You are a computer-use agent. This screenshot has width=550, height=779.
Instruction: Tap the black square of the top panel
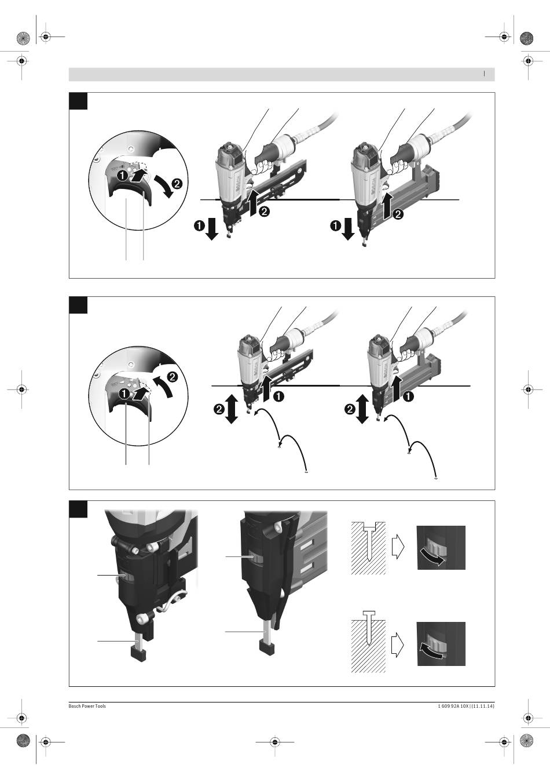78,101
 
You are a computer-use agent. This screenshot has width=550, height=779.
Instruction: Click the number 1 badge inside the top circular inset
122,176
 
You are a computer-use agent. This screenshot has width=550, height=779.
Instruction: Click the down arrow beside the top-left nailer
211,229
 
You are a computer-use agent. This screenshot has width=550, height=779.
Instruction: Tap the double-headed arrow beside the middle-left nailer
231,409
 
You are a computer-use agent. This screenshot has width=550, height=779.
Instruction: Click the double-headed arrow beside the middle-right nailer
362,409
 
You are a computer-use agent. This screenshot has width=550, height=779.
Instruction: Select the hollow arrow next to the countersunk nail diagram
398,547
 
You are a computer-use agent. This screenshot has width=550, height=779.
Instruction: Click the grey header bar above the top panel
282,74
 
